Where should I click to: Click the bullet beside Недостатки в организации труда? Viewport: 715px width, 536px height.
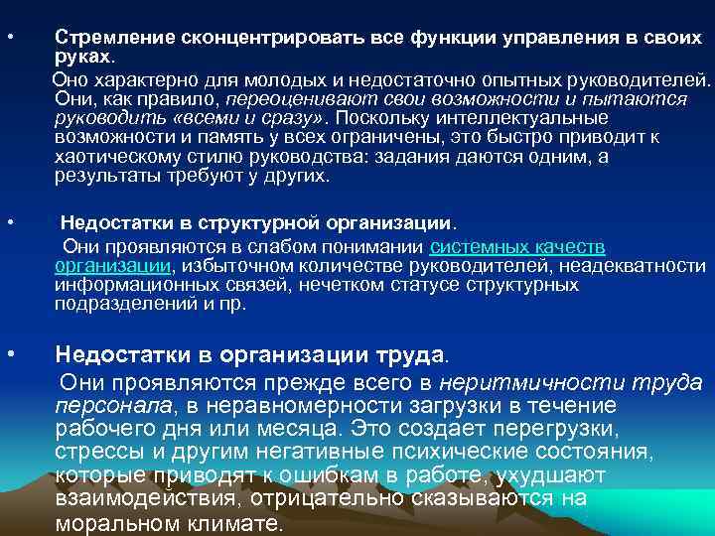(x=9, y=350)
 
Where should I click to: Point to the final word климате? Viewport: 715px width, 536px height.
(x=233, y=524)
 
